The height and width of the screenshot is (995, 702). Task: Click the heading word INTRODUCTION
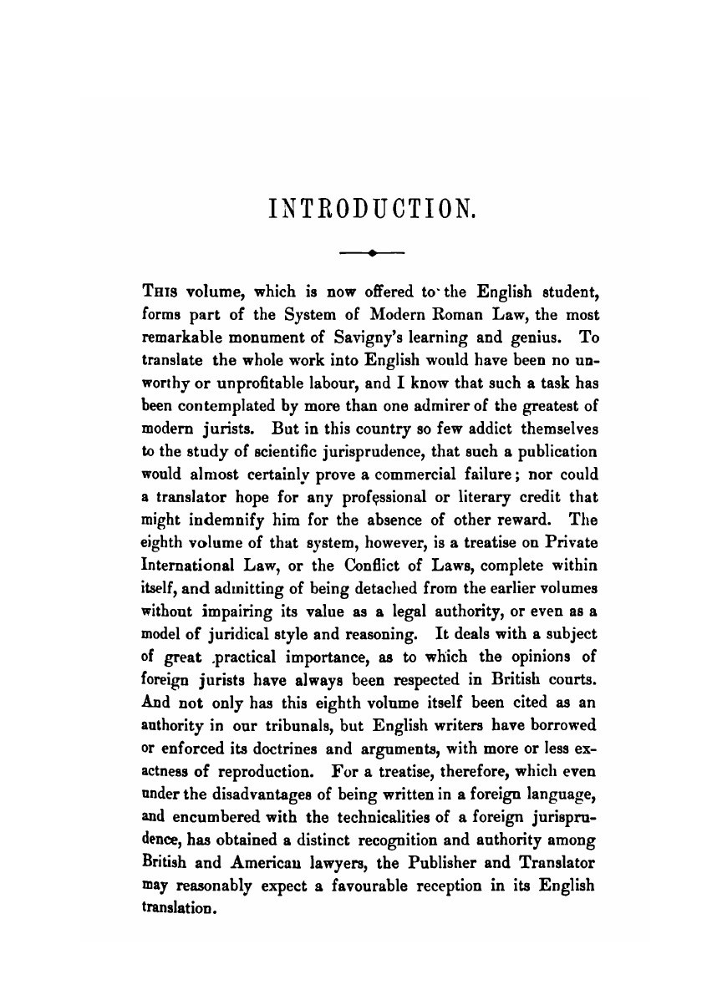tap(373, 205)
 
